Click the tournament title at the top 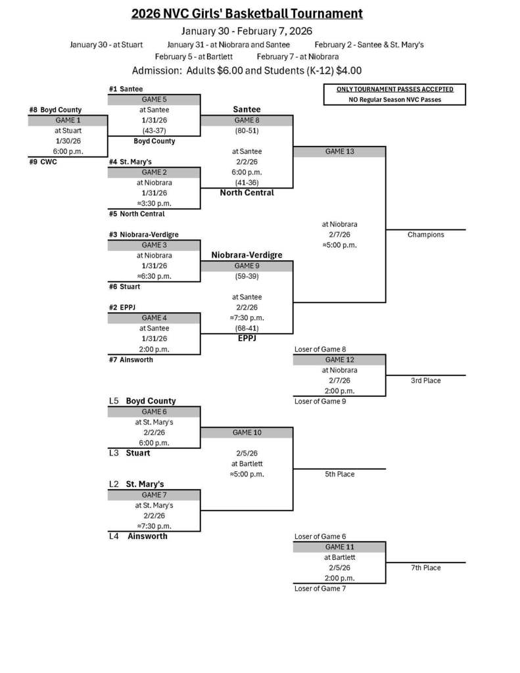tap(247, 14)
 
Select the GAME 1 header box tap(67, 120)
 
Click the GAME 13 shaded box tap(339, 152)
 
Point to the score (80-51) tap(247, 131)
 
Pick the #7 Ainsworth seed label tap(131, 360)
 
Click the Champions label tap(425, 235)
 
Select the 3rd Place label tap(425, 381)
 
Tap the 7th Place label tap(425, 568)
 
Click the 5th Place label tap(339, 474)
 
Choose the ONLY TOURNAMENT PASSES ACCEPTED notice tap(394, 89)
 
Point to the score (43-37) tap(154, 131)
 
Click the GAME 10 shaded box tap(247, 433)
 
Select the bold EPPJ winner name tap(247, 338)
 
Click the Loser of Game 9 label tap(320, 402)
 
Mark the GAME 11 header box tap(339, 547)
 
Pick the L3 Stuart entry tap(130, 453)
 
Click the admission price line tap(247, 71)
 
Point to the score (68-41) tap(247, 328)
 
